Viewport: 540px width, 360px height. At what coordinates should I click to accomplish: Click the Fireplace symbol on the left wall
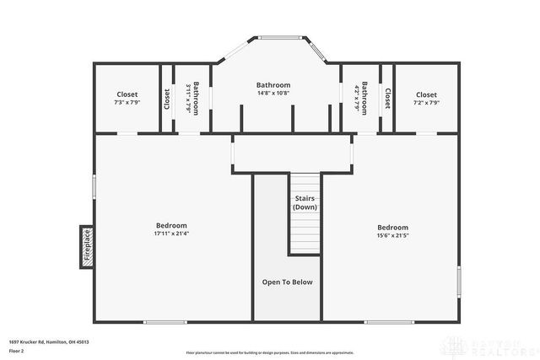pyautogui.click(x=86, y=247)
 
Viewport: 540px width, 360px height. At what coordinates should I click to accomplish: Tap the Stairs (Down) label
pyautogui.click(x=305, y=202)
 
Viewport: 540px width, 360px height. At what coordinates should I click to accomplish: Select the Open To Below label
pyautogui.click(x=287, y=282)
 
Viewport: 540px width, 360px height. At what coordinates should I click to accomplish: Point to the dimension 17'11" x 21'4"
pyautogui.click(x=171, y=234)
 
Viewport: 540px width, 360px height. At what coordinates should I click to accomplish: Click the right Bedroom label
pyautogui.click(x=392, y=227)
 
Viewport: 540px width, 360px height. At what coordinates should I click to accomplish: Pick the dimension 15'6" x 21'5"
pyautogui.click(x=392, y=236)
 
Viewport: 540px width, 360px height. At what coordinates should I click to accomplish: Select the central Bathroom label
pyautogui.click(x=273, y=84)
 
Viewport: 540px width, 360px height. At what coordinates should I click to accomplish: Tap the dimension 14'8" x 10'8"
pyautogui.click(x=273, y=94)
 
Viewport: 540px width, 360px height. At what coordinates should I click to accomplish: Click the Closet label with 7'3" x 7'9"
pyautogui.click(x=127, y=94)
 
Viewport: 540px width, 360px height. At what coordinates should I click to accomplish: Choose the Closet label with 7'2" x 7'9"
pyautogui.click(x=426, y=94)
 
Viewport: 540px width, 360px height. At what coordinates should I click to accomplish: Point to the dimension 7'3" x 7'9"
pyautogui.click(x=127, y=103)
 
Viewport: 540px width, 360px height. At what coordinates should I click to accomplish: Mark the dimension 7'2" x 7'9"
pyautogui.click(x=426, y=103)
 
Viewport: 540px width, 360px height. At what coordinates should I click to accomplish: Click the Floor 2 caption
pyautogui.click(x=17, y=351)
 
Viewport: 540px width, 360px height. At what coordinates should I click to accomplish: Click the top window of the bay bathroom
pyautogui.click(x=279, y=37)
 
